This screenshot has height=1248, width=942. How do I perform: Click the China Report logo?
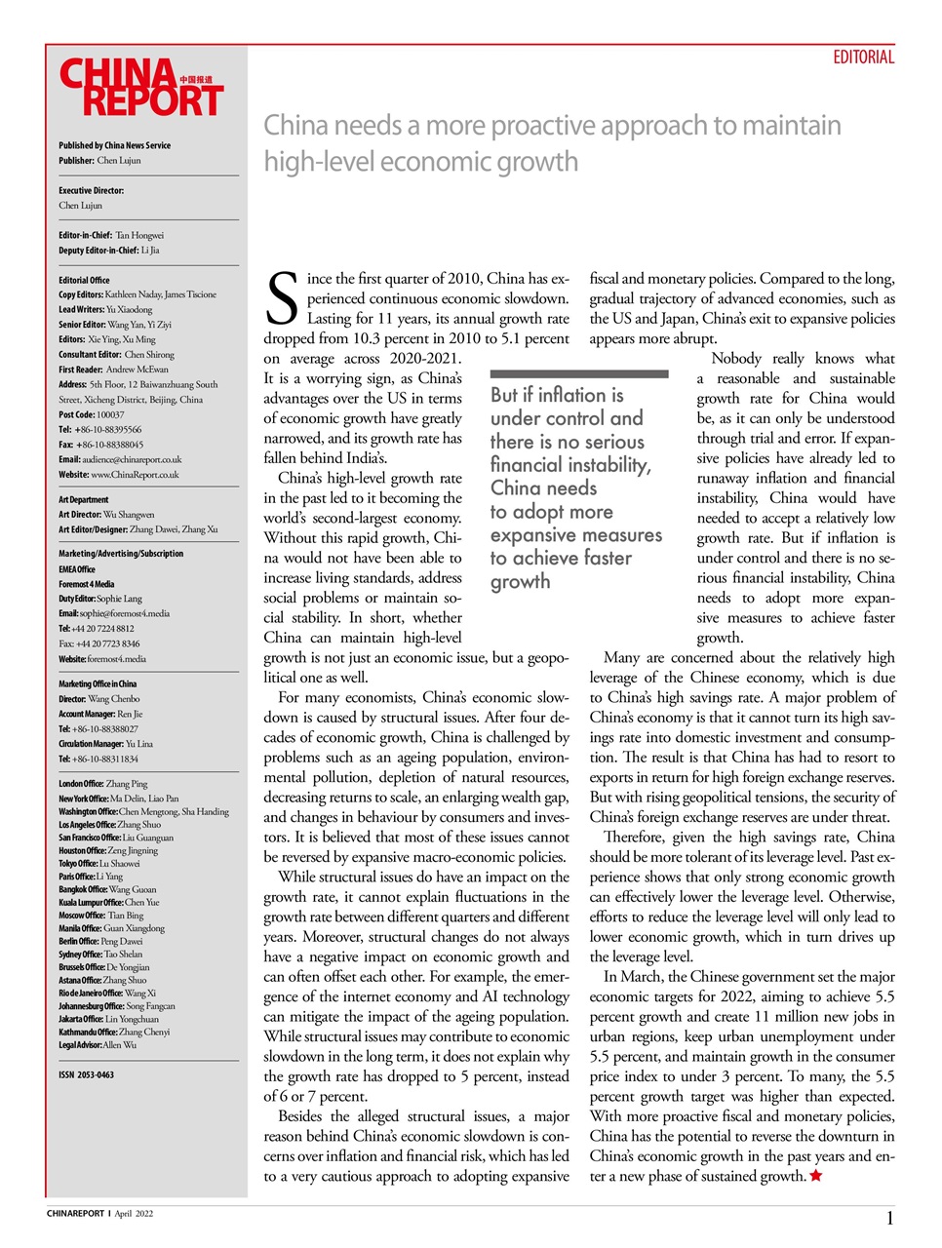tap(140, 88)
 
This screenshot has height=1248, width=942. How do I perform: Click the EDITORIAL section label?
tap(862, 58)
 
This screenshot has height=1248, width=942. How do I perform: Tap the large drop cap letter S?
tap(282, 299)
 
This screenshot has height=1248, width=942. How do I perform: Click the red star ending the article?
tap(815, 1176)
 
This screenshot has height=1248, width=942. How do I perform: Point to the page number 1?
tap(889, 1218)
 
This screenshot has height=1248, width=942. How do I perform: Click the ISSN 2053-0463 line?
tap(86, 1074)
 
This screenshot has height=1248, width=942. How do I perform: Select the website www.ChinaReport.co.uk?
tap(135, 475)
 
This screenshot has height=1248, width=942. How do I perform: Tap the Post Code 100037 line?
tap(91, 414)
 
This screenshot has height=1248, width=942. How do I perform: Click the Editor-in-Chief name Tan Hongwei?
tap(139, 235)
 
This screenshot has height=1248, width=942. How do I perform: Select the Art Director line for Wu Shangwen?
tap(106, 515)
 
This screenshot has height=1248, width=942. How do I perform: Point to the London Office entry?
tap(103, 784)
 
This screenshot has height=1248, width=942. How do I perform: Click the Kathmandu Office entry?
tap(114, 1032)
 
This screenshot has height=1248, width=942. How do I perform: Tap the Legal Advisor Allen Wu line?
tap(98, 1044)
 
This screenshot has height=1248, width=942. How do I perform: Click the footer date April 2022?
tap(134, 1214)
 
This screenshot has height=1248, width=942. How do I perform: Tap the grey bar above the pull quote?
tap(579, 373)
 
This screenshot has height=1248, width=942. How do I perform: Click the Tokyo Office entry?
tap(98, 863)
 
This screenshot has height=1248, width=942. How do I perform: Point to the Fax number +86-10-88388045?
tap(100, 445)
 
